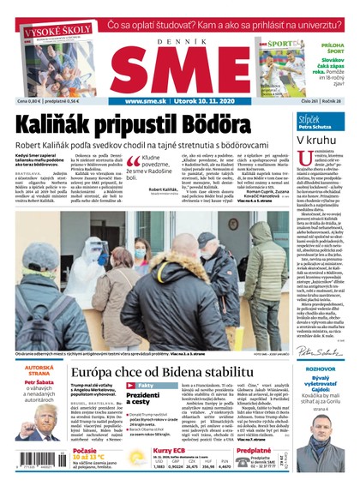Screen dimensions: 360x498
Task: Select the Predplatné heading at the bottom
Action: [x=254, y=449]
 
